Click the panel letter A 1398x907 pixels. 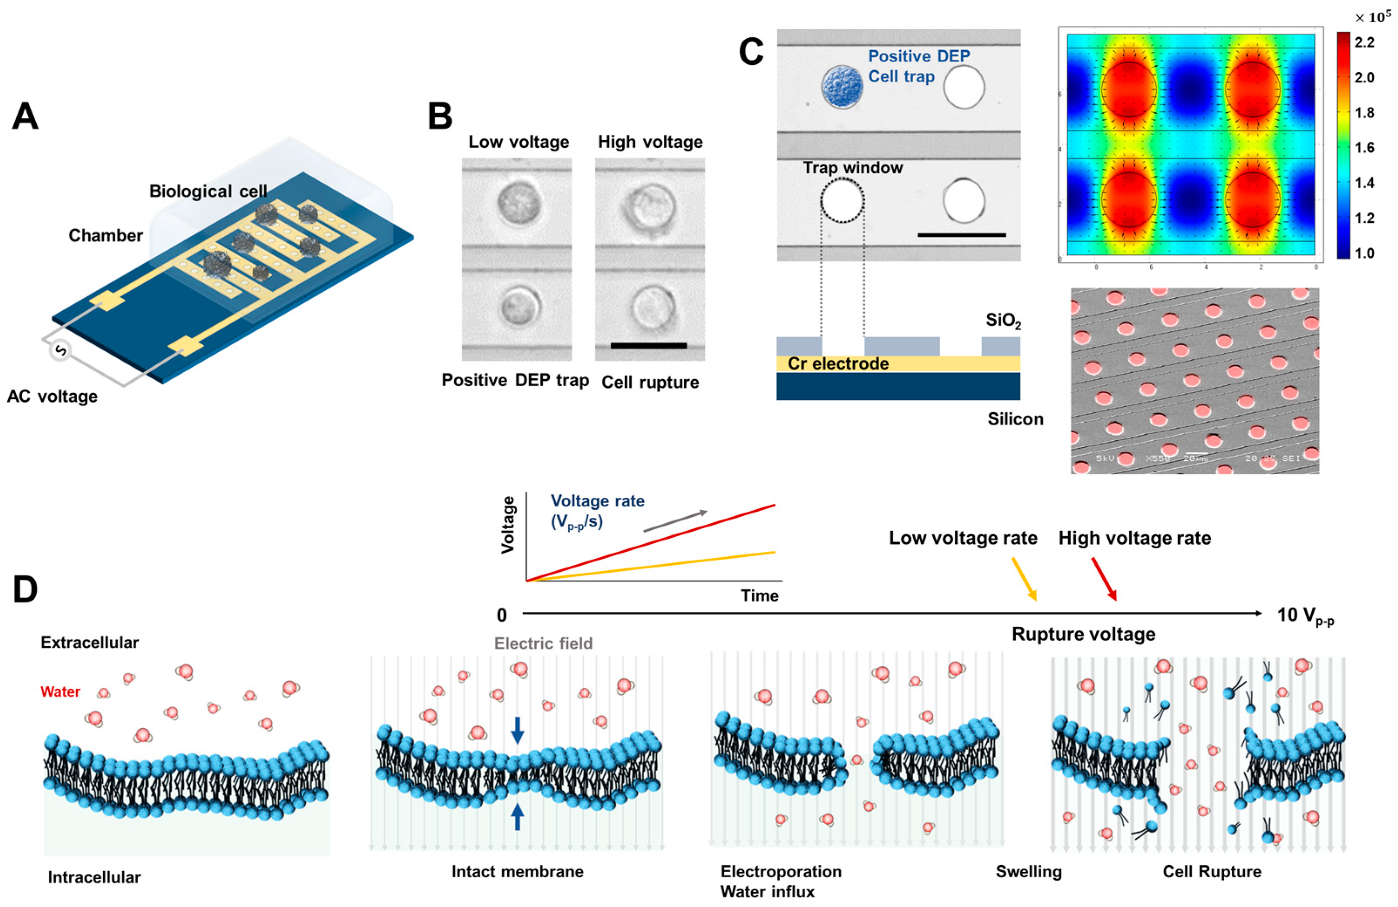pyautogui.click(x=25, y=116)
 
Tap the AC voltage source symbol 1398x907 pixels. pyautogui.click(x=61, y=351)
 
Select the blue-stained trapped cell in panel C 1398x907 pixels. pyautogui.click(x=842, y=87)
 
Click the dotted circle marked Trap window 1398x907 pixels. pyautogui.click(x=842, y=200)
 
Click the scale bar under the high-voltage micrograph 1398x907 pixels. pyautogui.click(x=648, y=346)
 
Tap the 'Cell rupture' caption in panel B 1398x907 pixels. pyautogui.click(x=650, y=382)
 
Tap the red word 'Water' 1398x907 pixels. pyautogui.click(x=60, y=691)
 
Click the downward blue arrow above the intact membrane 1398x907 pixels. pyautogui.click(x=517, y=730)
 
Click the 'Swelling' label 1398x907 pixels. pyautogui.click(x=1029, y=871)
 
